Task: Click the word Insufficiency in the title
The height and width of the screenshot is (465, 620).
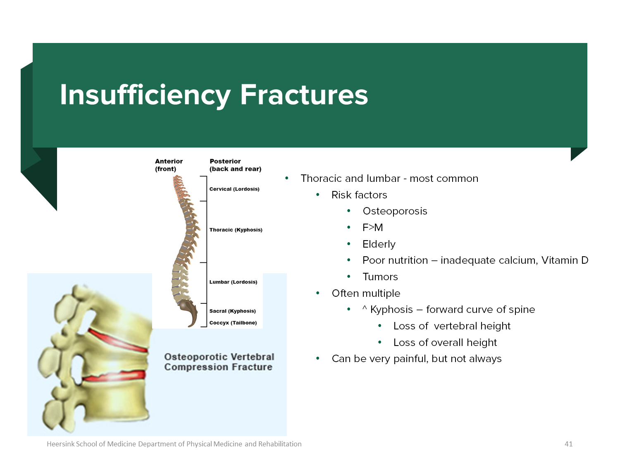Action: (x=145, y=95)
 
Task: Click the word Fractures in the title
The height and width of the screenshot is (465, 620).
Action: (x=304, y=95)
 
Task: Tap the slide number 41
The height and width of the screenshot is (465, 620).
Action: (x=569, y=444)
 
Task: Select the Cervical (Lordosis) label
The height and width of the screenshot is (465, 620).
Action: (x=234, y=189)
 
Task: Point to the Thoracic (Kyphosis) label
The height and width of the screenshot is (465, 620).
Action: (x=236, y=230)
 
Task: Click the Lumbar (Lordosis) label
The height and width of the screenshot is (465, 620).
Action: (x=233, y=282)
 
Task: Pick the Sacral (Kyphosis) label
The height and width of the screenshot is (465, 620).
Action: (x=232, y=311)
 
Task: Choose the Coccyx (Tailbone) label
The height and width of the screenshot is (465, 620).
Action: (x=233, y=323)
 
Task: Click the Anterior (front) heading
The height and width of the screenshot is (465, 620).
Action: (x=169, y=165)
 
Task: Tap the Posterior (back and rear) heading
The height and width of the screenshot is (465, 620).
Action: (x=235, y=165)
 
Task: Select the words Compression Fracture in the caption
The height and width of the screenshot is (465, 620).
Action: (x=218, y=367)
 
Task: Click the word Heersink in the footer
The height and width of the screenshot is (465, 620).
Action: (x=60, y=444)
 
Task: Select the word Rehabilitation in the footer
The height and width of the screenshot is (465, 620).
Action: (x=280, y=444)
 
